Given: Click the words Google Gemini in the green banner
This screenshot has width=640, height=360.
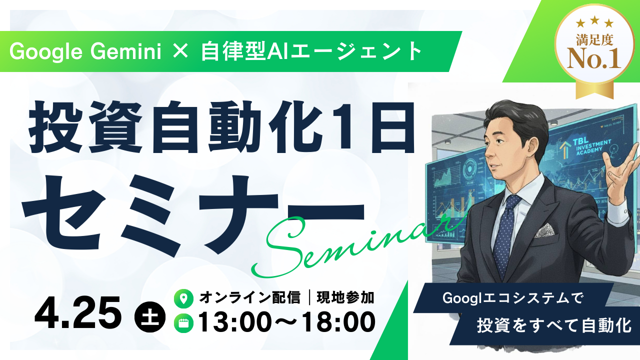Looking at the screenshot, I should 85,52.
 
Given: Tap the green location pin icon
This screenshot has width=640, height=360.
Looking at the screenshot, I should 183,299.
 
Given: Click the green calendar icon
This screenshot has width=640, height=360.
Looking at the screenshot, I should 183,323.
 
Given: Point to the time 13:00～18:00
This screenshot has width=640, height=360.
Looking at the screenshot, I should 287,322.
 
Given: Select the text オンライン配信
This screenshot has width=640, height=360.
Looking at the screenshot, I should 249,298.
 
